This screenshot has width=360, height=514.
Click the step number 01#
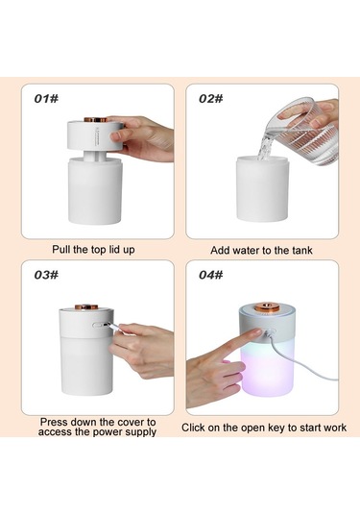46,98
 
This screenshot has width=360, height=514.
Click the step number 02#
211,98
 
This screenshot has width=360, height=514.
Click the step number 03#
46,275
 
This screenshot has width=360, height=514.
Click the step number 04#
211,275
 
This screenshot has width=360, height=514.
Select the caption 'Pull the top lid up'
93,250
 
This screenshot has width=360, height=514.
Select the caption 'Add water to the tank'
261,251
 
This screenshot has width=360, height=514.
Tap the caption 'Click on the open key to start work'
264,428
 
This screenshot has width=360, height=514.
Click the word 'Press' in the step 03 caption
54,422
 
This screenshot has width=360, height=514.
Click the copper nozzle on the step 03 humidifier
86,306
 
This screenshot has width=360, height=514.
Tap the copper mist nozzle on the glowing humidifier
268,306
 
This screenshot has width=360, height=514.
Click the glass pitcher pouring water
303,131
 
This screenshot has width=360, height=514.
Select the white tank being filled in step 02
262,188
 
